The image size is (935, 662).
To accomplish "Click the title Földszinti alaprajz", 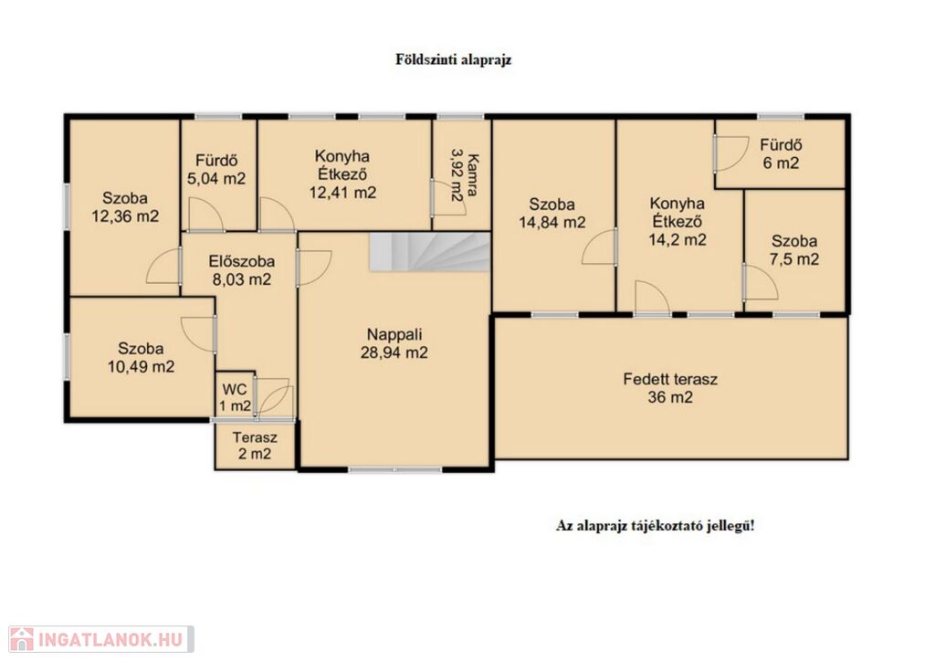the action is tap(454, 59).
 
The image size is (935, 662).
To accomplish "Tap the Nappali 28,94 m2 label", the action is tap(394, 343).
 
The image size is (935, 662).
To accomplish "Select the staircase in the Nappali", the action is tap(429, 252).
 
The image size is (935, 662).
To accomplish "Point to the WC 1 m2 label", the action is tap(235, 398).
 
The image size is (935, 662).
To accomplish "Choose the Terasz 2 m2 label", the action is tap(256, 446).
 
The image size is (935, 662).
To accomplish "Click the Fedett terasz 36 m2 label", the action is tap(670, 388).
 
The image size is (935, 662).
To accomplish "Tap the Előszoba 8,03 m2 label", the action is tap(241, 270).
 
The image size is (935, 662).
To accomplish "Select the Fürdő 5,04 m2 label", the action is tap(216, 169).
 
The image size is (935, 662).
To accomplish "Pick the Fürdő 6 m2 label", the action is tap(781, 154).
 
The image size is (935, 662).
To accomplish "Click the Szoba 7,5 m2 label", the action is tap(794, 250).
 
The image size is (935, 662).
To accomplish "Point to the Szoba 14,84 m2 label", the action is tap(552, 214).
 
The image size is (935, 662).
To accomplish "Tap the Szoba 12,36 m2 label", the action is tap(125, 207).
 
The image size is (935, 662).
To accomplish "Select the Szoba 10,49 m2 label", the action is tap(141, 357).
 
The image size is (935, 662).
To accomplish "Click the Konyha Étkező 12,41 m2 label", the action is tap(342, 174).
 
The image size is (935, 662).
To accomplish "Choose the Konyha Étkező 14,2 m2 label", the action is tap(678, 221).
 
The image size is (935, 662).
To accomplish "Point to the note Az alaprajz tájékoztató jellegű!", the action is tap(655, 526).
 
